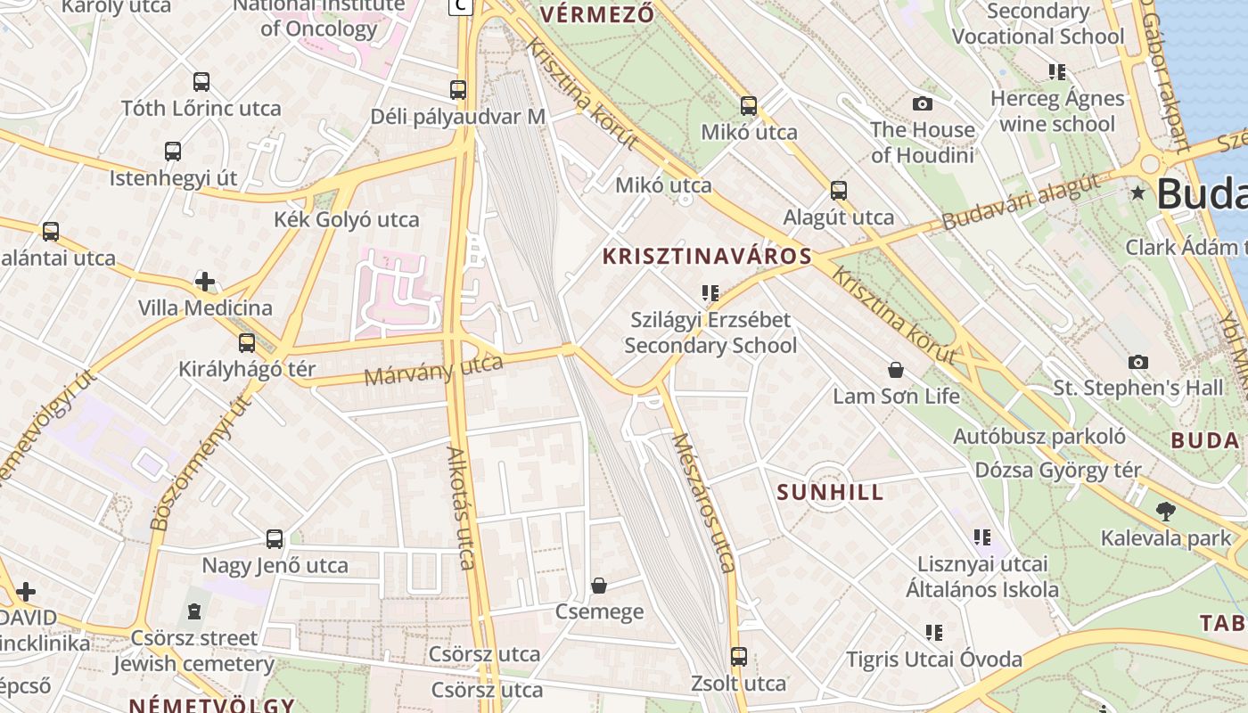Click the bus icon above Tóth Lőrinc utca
pos(201,82)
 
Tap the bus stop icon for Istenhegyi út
pos(173,152)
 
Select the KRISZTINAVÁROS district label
pos(707,257)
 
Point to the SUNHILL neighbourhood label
pos(830,492)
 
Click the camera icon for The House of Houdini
pos(923,104)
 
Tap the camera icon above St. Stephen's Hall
pos(1137,362)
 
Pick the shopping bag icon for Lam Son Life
pos(896,370)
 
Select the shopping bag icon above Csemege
pos(599,586)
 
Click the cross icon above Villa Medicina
pos(205,283)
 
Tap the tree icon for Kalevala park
pos(1164,512)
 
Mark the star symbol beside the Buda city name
pos(1137,193)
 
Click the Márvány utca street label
pos(433,370)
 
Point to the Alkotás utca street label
pos(461,507)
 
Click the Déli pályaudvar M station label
pos(457,117)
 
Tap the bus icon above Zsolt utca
pos(738,657)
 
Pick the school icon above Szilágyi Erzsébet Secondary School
pos(710,292)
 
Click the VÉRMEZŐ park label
pos(597,14)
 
